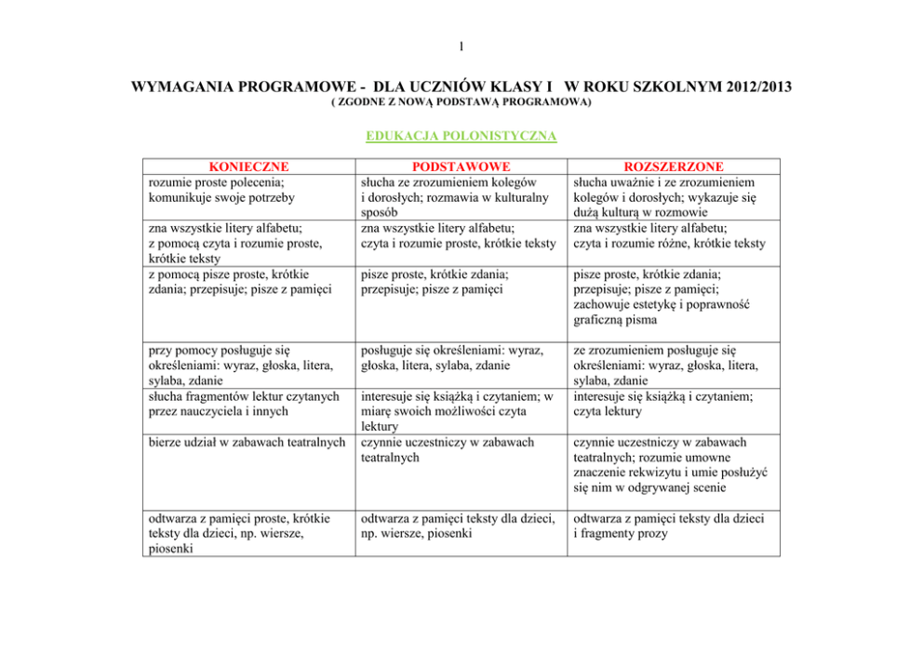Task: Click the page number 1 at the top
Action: pyautogui.click(x=461, y=47)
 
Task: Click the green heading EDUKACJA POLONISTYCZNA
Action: pyautogui.click(x=461, y=136)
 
